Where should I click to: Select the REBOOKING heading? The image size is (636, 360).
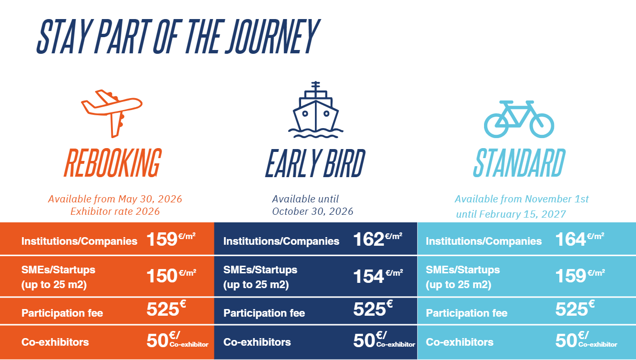pyautogui.click(x=113, y=163)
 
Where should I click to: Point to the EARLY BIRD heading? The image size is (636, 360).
pyautogui.click(x=315, y=163)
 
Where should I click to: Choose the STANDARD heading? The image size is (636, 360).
pyautogui.click(x=519, y=163)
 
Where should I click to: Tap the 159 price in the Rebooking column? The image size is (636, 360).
pyautogui.click(x=162, y=239)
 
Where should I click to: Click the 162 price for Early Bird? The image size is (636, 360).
pyautogui.click(x=369, y=239)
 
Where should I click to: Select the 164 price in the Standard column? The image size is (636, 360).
pyautogui.click(x=570, y=239)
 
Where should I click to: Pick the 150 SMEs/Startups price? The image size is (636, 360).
pyautogui.click(x=162, y=276)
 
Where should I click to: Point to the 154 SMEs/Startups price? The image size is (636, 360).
pyautogui.click(x=369, y=276)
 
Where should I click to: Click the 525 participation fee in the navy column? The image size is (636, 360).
pyautogui.click(x=369, y=309)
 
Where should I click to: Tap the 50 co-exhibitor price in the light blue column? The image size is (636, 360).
pyautogui.click(x=566, y=340)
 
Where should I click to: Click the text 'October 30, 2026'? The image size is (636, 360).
pyautogui.click(x=313, y=211)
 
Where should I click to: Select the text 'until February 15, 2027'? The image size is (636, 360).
pyautogui.click(x=511, y=214)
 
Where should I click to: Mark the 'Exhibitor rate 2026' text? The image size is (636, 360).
pyautogui.click(x=115, y=211)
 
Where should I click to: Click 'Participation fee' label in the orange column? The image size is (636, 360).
pyautogui.click(x=62, y=313)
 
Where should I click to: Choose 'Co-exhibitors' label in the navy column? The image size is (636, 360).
pyautogui.click(x=257, y=342)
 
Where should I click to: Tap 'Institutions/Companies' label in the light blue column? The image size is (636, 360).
pyautogui.click(x=484, y=241)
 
